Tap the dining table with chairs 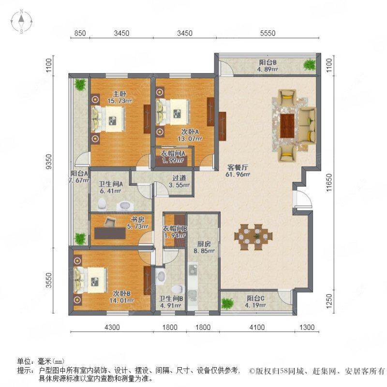253,236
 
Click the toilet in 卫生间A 102,205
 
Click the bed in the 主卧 109,118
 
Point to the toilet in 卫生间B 161,277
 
